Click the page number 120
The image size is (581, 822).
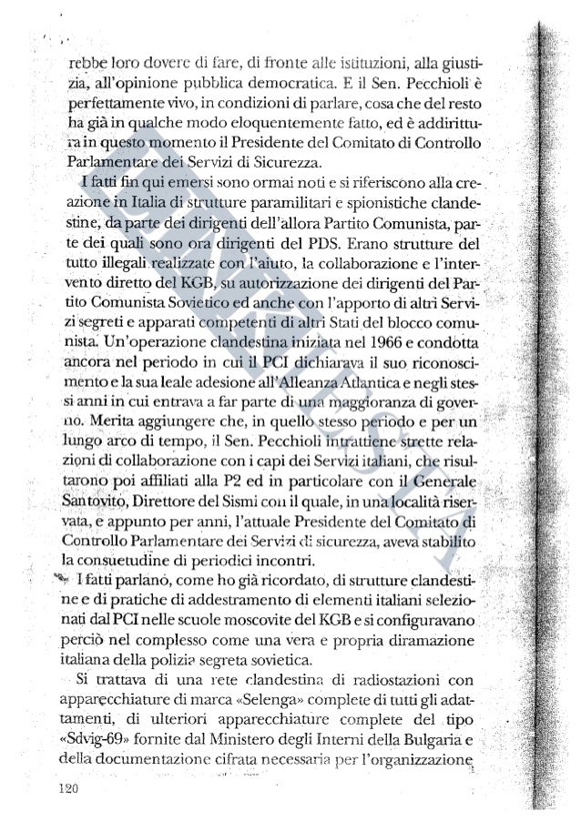click(x=69, y=787)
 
